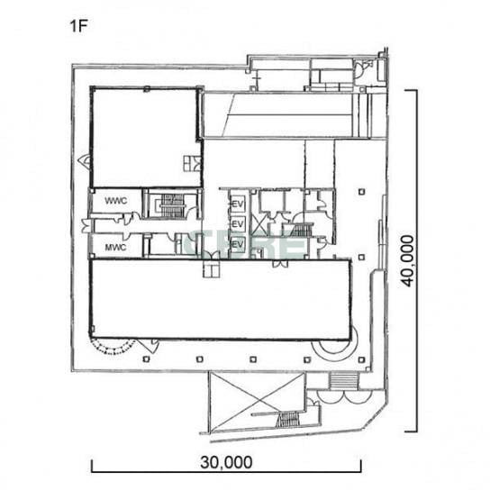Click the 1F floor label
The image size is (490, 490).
tap(78, 26)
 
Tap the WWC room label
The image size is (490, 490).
tap(115, 200)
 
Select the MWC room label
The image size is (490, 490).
tap(115, 248)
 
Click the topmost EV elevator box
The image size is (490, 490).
tap(238, 204)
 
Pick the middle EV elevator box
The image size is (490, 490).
tap(238, 224)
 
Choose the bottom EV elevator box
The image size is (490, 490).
tap(238, 244)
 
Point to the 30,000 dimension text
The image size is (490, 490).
tap(226, 462)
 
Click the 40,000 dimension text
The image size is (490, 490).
tap(407, 261)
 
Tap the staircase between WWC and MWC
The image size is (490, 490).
tap(171, 205)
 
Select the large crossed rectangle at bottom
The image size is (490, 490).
tap(257, 401)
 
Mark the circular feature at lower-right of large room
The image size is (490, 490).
tap(335, 347)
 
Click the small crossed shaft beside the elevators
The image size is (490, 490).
tap(260, 224)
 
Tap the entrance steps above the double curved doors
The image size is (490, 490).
tap(343, 381)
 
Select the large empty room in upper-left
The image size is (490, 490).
tap(146, 137)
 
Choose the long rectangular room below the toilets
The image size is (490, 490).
tap(220, 299)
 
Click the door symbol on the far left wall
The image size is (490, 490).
tap(86, 162)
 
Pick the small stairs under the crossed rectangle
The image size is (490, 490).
tap(288, 419)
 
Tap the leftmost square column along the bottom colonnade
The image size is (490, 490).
tap(146, 359)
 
